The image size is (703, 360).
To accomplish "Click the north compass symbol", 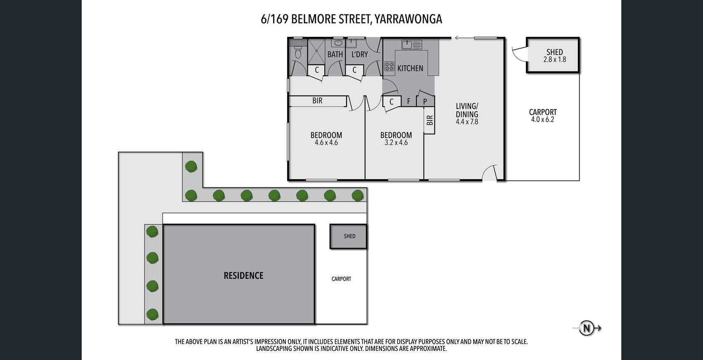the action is pos(587,328).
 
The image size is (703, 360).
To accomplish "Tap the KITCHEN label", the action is pos(410,68).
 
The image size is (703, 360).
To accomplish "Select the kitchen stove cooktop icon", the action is pos(389,66).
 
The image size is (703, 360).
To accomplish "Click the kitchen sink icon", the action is pos(411,45).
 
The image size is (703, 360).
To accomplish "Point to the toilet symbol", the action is pos(297,52).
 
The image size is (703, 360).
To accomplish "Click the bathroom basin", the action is pos(338,43).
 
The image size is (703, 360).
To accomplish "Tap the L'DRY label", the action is pos(359,54).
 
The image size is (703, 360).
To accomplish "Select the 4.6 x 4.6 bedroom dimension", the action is pos(326,142).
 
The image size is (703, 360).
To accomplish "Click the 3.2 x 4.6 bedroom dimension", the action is pos(396,142).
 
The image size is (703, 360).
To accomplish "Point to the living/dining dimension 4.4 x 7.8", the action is pos(467,121).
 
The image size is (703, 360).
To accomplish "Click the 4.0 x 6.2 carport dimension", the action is pos(543,119).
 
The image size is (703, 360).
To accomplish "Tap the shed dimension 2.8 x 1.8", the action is pos(554,59).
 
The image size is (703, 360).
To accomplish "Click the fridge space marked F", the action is pos(408,101).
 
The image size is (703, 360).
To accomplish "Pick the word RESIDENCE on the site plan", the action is pos(243,275).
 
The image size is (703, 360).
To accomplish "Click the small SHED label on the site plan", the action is pos(349,236).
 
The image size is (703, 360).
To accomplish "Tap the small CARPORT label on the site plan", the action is pos(341,279).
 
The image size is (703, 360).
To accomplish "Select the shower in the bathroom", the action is pos(316,52).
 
